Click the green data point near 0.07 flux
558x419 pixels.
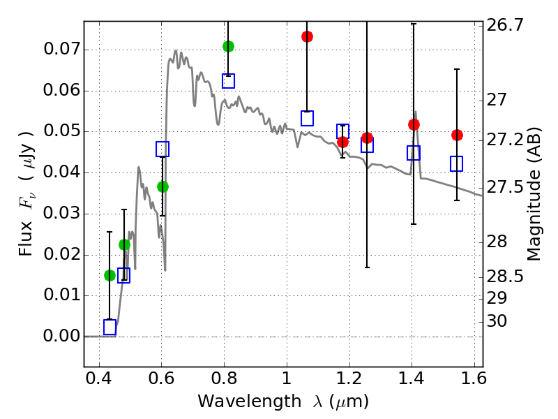tap(228, 46)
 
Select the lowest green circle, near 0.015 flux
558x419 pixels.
tap(110, 275)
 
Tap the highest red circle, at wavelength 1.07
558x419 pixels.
tap(307, 36)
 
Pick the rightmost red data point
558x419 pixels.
tap(457, 135)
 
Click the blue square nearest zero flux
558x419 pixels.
tap(110, 327)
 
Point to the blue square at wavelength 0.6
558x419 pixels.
tap(163, 149)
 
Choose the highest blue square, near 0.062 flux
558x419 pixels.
tap(228, 81)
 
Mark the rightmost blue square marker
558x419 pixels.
tap(457, 163)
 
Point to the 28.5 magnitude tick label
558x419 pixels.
tap(504, 277)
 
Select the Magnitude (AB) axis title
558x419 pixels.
tap(534, 193)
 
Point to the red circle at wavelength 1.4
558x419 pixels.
tap(414, 124)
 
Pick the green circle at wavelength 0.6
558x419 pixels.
tap(163, 186)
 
